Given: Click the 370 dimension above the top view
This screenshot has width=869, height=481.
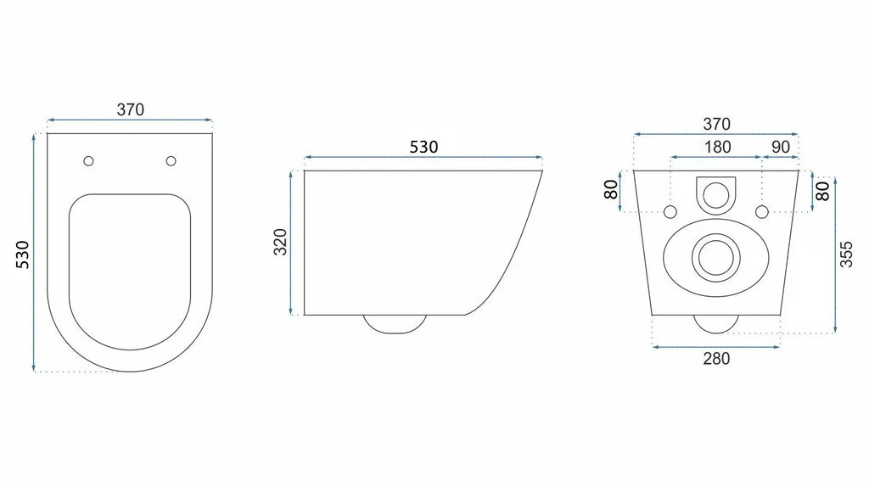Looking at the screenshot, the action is [130, 109].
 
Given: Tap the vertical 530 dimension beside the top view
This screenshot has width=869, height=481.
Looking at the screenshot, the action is [23, 254].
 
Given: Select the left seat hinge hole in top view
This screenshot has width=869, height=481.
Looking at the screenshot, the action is [88, 161].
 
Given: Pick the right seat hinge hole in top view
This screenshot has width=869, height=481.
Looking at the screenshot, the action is [171, 161].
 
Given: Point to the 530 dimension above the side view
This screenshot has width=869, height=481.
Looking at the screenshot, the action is [423, 147].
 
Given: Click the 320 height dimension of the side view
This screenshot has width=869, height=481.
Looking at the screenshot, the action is [281, 242].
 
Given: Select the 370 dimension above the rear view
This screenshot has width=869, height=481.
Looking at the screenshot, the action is [716, 124].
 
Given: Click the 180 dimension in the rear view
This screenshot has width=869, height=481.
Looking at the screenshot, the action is [717, 147].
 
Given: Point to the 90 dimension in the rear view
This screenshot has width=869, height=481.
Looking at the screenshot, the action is [781, 147].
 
